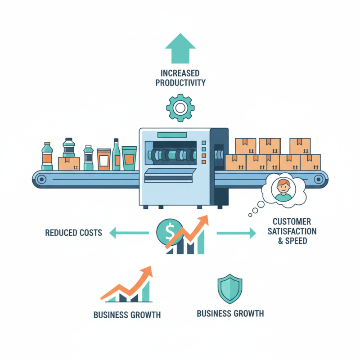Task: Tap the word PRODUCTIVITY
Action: [x=180, y=83]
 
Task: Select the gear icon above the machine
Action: [x=180, y=108]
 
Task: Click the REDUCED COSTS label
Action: [x=73, y=233]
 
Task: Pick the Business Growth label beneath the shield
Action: [x=230, y=313]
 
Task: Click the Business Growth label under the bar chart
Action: [x=127, y=315]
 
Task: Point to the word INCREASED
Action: [x=180, y=73]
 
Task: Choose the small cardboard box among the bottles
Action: [x=69, y=164]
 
